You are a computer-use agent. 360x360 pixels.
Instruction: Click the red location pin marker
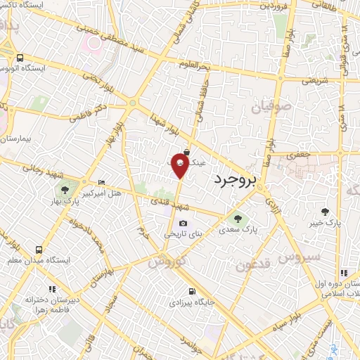pyautogui.click(x=180, y=166)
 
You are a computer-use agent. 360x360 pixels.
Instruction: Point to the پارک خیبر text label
pyautogui.click(x=323, y=223)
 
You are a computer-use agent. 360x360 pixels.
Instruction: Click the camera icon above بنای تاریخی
pyautogui.click(x=183, y=224)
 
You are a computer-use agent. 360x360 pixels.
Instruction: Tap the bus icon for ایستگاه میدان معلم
pyautogui.click(x=38, y=250)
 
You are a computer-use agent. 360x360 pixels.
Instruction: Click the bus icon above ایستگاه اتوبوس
pyautogui.click(x=20, y=58)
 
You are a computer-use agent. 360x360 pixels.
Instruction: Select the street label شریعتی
pyautogui.click(x=315, y=80)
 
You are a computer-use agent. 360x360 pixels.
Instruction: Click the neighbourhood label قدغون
pyautogui.click(x=252, y=265)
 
